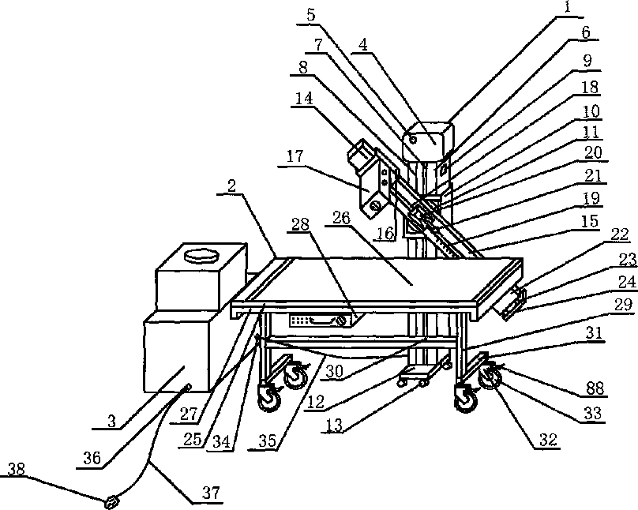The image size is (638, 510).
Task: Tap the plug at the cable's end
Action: (111, 502)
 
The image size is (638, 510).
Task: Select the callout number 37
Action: (212, 493)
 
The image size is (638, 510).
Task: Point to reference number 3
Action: (112, 421)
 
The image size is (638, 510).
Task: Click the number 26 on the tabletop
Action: (341, 218)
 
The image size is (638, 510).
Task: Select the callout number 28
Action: (300, 224)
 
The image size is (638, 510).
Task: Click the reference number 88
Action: (595, 388)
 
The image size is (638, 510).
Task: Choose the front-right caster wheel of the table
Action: (466, 399)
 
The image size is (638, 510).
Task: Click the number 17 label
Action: (295, 156)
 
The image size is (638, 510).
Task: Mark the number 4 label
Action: (363, 46)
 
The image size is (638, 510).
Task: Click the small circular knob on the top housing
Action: (413, 141)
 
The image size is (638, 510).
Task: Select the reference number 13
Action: (334, 426)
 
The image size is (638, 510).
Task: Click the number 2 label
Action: (231, 186)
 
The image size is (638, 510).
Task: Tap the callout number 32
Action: (548, 440)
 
